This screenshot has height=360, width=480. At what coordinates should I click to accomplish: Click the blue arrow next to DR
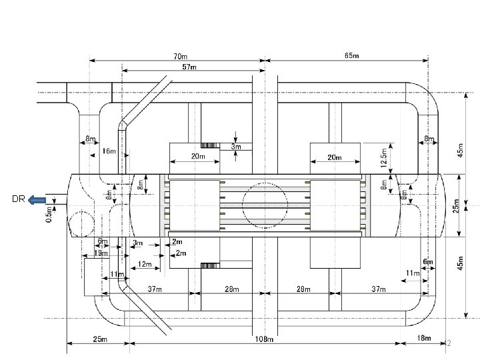37,200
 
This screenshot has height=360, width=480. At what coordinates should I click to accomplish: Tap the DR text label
19,199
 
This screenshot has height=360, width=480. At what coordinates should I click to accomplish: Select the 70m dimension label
180,57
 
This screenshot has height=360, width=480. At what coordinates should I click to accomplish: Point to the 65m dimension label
352,56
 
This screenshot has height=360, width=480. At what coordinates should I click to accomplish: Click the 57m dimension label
189,67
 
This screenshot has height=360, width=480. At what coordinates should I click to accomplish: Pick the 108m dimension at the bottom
264,339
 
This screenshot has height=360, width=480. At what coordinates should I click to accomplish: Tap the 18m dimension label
424,338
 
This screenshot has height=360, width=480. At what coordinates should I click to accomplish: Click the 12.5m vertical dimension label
384,158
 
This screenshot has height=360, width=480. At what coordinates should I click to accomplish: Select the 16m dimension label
109,151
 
